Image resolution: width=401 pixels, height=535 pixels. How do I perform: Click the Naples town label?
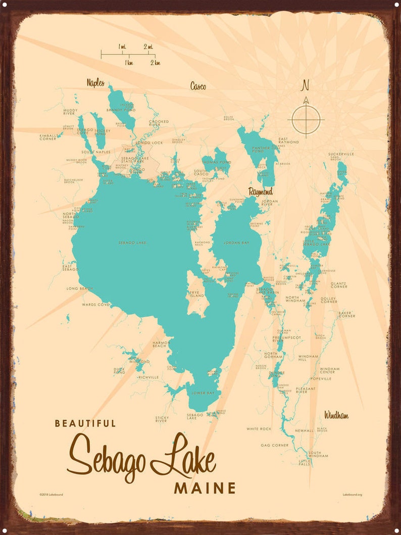coord(95,82)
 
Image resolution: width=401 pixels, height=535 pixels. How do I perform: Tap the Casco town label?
coord(197,86)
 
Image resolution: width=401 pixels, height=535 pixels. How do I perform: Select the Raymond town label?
coord(260,191)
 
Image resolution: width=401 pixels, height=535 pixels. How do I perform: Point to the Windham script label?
coord(336,415)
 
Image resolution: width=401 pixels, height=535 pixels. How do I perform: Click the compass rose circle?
coord(306,120)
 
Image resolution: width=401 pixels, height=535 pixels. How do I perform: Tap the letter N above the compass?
coord(305,85)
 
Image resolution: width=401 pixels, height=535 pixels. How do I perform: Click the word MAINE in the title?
coord(205,488)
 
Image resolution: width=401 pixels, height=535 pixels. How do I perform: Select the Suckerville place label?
coord(341,154)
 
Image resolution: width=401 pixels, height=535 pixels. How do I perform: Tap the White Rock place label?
coord(259,429)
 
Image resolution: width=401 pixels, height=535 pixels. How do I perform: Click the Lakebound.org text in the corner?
coord(352,494)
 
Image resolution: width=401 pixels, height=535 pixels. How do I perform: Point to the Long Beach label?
coord(79,288)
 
